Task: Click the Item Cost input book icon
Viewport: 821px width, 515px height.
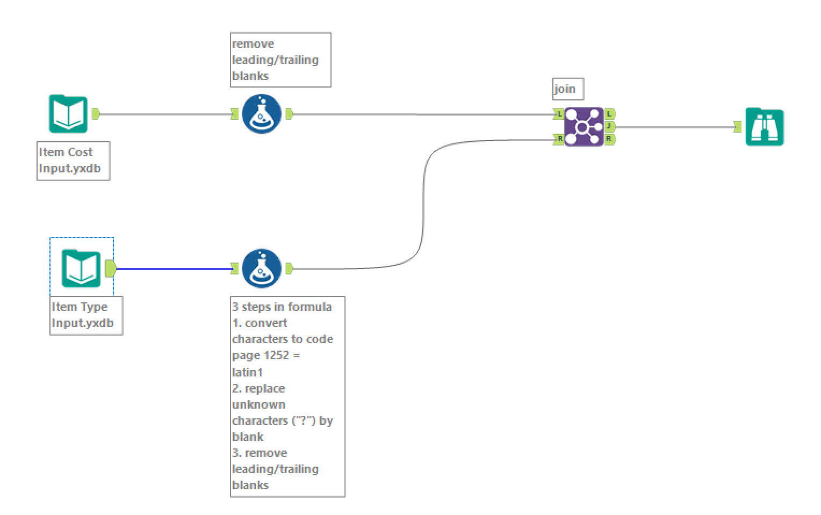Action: [x=68, y=113]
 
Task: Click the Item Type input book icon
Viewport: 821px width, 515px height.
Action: [x=81, y=268]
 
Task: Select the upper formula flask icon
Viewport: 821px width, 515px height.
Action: [x=262, y=113]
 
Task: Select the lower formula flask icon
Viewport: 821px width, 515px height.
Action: [x=262, y=268]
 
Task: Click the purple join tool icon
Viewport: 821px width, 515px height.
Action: [x=584, y=127]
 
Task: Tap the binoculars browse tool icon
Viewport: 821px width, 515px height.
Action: [x=764, y=127]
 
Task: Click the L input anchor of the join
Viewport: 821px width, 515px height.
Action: [x=559, y=114]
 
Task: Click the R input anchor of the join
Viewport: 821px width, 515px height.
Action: [x=559, y=139]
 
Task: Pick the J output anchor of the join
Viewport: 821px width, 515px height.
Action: [x=609, y=126]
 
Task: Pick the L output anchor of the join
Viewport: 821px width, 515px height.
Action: [x=609, y=114]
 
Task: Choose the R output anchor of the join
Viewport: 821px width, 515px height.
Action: [x=609, y=139]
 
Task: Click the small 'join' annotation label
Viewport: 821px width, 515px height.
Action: [x=567, y=89]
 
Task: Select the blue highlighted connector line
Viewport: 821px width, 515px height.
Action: [x=172, y=269]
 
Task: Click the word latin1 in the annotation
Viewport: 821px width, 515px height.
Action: [x=248, y=372]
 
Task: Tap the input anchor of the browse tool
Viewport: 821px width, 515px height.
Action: [x=738, y=127]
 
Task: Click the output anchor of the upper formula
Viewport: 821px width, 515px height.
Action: [x=289, y=114]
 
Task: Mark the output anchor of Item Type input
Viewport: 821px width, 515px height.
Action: [x=111, y=268]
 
